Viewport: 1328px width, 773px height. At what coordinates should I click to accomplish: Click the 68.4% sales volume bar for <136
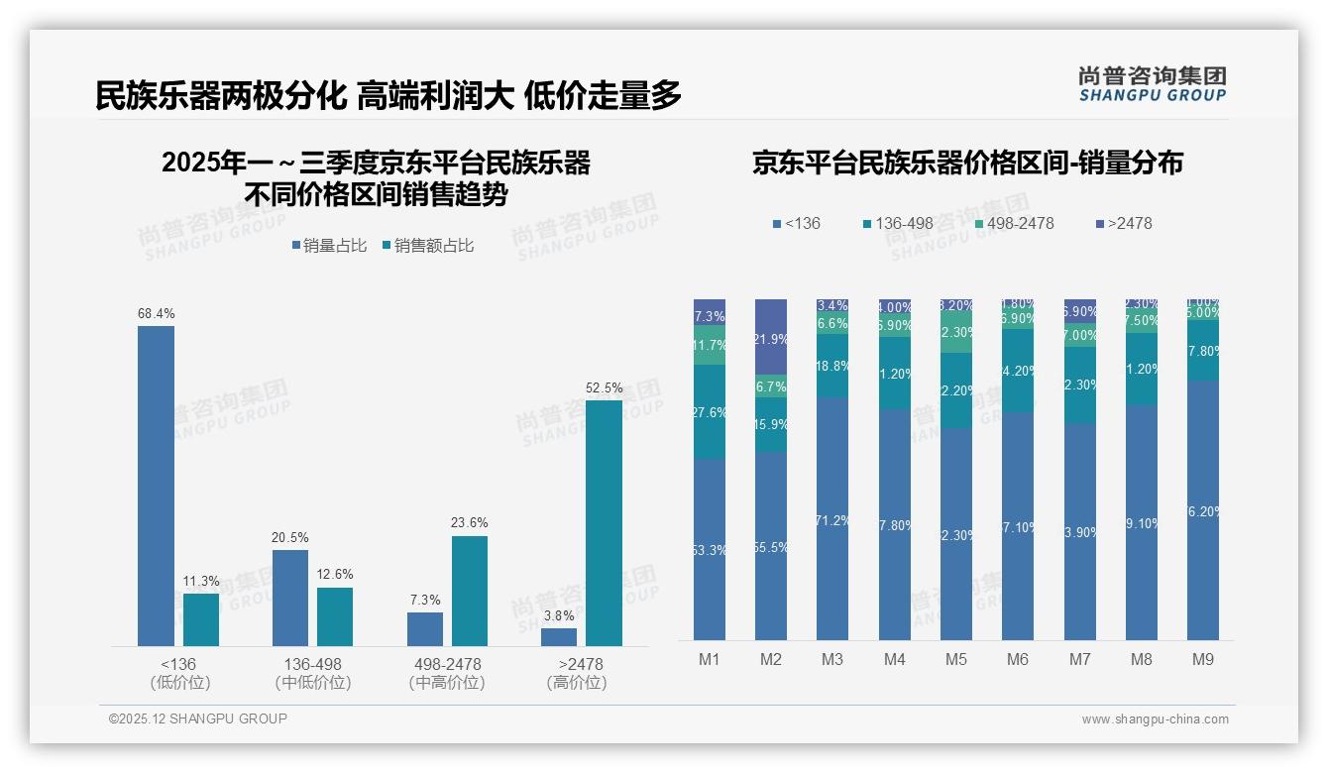pos(156,486)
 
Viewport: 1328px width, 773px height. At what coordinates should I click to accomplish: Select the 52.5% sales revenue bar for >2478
pos(604,522)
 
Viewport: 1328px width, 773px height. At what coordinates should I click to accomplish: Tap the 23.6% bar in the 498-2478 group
pos(470,591)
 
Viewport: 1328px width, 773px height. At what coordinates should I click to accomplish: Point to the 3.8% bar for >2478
pos(559,637)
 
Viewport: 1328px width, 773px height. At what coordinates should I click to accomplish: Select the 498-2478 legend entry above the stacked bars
pos(1011,223)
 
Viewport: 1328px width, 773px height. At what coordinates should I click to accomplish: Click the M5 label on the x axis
pos(955,659)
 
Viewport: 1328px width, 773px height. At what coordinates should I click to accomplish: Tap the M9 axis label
pos(1203,659)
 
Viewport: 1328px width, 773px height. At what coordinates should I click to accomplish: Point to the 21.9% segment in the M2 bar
pos(770,337)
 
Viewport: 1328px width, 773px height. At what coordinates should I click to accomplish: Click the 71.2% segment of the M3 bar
pos(832,518)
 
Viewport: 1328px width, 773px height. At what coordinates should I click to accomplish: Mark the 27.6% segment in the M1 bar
pos(709,412)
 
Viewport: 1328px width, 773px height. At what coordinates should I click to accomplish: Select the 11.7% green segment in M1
pos(709,346)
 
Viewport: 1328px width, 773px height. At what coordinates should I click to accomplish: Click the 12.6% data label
pos(335,574)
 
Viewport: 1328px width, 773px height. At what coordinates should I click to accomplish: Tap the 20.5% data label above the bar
pos(289,537)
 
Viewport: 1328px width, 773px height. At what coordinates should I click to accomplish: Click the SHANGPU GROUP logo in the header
pos(1152,84)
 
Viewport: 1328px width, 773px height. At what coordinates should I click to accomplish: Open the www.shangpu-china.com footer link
pos(1155,718)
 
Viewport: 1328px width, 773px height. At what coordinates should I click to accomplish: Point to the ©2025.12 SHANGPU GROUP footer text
pos(198,718)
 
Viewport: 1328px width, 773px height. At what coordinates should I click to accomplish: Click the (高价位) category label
pos(577,683)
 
